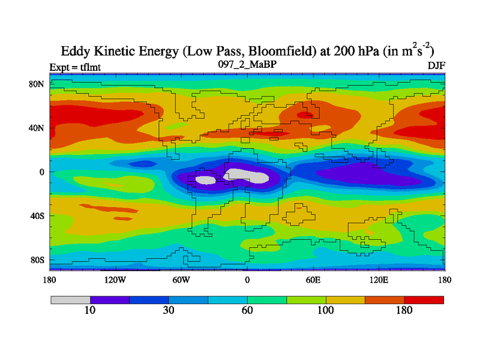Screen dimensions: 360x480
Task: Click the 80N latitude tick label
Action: (37, 84)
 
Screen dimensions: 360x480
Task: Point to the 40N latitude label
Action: (37, 128)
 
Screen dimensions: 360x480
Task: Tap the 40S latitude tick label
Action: (37, 215)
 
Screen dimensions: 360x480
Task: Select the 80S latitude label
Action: (37, 260)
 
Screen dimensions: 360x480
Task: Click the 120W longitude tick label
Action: (115, 280)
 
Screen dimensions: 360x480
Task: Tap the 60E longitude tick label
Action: (313, 280)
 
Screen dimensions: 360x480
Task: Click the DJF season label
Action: (436, 65)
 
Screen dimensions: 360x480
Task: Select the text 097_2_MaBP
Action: (247, 63)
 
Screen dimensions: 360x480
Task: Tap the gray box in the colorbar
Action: (70, 299)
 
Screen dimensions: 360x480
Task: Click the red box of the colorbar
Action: (424, 299)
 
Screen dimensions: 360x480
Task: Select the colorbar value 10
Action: (90, 310)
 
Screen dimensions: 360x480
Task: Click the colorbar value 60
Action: (247, 310)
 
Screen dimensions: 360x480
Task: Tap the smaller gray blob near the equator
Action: (206, 179)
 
